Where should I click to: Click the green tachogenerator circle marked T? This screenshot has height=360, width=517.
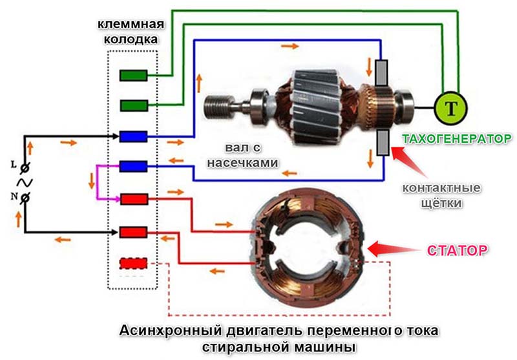click(450, 108)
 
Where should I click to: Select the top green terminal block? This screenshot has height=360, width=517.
click(133, 76)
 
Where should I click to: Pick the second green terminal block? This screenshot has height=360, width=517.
click(133, 106)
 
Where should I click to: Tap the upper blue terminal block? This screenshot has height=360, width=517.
click(133, 136)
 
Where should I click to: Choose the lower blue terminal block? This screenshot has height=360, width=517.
click(133, 167)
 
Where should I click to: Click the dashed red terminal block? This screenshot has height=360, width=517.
click(133, 264)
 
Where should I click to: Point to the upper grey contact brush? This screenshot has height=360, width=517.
click(381, 73)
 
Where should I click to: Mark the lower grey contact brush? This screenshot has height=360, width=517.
click(383, 142)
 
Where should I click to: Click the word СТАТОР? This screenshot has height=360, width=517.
click(457, 251)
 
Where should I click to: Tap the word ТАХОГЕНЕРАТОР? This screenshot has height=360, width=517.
click(457, 139)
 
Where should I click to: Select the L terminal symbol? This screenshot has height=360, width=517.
click(24, 168)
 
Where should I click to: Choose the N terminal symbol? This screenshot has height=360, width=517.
click(24, 198)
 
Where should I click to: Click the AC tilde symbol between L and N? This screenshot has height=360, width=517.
click(25, 183)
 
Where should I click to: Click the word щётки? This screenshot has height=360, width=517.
click(441, 203)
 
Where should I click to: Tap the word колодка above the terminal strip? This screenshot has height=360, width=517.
click(131, 39)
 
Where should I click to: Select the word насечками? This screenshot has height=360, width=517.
click(242, 162)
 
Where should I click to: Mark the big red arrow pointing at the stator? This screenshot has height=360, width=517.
click(394, 249)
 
